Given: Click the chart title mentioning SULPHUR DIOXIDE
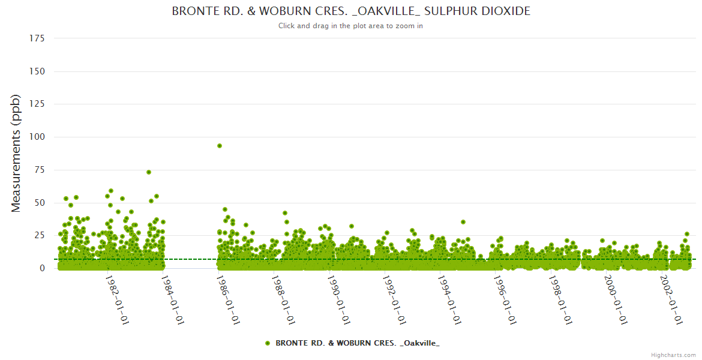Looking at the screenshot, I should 351,11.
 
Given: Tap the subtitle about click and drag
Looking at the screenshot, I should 351,26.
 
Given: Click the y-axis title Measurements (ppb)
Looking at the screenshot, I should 16,153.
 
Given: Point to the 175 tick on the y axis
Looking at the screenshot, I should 37,38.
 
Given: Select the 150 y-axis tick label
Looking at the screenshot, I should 37,71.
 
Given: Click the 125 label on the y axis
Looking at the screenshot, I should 37,104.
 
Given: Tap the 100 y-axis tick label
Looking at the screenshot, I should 37,137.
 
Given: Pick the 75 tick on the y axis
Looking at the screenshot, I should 39,170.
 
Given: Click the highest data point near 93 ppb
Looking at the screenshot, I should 220,146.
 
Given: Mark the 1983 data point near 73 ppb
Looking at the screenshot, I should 149,172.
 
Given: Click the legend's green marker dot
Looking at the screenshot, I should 268,343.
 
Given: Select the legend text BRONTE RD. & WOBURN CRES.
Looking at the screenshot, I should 357,343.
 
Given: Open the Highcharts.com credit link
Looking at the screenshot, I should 673,355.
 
